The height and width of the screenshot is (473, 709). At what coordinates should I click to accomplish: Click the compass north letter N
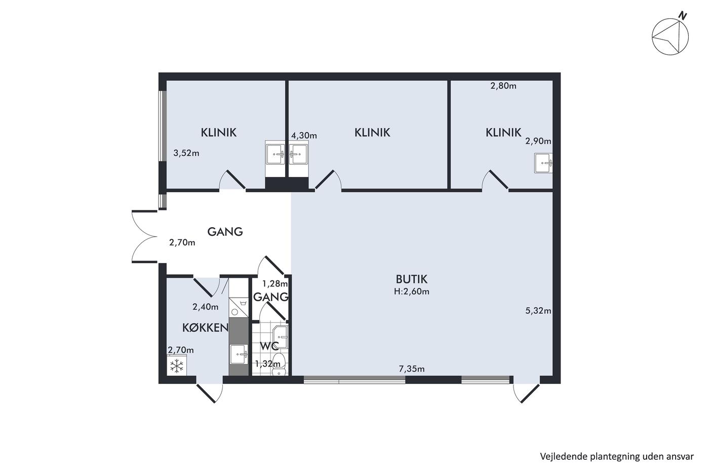[683, 16]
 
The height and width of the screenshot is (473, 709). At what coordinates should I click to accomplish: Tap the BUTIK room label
[411, 279]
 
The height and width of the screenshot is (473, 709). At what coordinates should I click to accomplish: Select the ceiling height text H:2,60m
[411, 292]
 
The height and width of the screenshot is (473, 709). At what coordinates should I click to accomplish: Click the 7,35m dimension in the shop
[411, 369]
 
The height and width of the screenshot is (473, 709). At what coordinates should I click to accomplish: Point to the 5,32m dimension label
[538, 311]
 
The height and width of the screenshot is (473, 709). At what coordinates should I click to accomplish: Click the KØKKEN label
[206, 328]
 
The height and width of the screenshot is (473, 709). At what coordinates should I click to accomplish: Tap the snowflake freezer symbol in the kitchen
[177, 366]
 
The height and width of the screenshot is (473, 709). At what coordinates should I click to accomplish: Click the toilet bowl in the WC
[279, 365]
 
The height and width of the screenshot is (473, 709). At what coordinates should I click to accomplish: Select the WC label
[269, 346]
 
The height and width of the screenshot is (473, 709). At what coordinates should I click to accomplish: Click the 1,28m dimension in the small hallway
[274, 283]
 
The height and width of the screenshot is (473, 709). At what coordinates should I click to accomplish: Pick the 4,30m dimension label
[304, 135]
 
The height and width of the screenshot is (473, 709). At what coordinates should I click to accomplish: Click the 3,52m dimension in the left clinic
[186, 153]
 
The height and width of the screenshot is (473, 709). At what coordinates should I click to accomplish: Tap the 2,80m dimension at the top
[503, 86]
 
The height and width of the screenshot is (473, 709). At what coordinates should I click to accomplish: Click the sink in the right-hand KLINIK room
[543, 163]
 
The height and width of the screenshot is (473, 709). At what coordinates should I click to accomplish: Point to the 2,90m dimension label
[538, 141]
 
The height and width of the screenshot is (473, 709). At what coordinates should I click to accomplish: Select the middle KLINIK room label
[372, 132]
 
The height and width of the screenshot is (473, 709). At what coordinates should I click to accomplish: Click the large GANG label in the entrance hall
[225, 232]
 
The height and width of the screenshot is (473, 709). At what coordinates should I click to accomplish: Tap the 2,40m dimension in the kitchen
[206, 307]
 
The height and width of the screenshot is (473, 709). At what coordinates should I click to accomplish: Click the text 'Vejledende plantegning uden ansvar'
[617, 457]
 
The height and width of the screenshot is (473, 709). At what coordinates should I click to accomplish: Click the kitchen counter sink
[239, 355]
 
